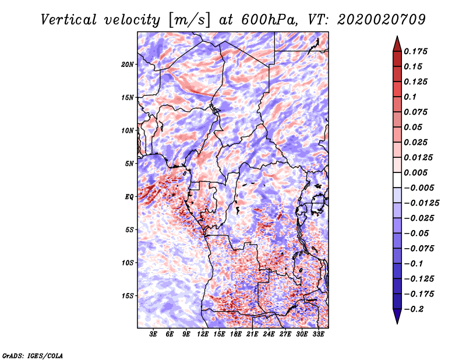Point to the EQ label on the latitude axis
(129, 196)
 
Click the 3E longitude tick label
(154, 335)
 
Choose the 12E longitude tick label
(203, 335)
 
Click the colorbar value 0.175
(418, 51)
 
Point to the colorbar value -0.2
(419, 309)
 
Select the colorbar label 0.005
(418, 172)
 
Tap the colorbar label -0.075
(421, 248)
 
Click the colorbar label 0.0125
(419, 157)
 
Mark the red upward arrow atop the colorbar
(397, 42)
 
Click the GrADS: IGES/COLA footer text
(33, 354)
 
